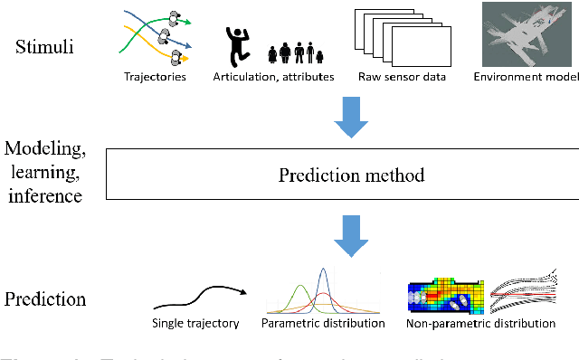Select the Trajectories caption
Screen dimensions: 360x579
[155, 77]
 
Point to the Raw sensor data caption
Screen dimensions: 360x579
[403, 77]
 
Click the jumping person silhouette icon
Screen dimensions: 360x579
[237, 43]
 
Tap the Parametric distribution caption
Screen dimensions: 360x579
[323, 323]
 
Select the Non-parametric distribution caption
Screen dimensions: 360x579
[479, 323]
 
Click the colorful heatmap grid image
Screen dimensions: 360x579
[445, 291]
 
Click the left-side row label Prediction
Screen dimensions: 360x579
[44, 298]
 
